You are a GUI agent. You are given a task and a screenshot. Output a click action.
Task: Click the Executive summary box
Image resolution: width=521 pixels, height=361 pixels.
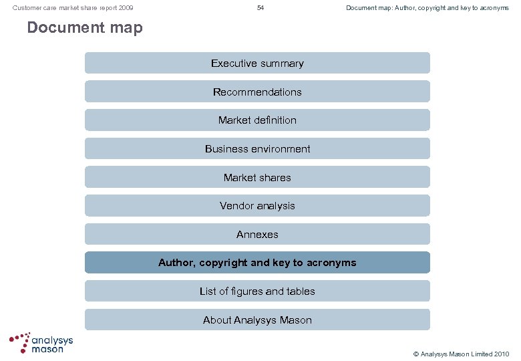257,64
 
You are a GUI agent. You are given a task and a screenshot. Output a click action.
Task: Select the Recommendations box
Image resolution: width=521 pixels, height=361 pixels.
257,92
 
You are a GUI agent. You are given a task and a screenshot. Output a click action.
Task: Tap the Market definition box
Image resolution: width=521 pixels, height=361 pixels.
257,120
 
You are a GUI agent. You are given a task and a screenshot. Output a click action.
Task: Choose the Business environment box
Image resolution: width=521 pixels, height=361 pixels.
257,149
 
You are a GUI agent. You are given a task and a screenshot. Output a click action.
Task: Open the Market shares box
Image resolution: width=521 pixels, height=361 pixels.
257,178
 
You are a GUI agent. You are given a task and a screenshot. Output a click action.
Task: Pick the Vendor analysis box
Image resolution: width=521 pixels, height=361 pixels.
257,206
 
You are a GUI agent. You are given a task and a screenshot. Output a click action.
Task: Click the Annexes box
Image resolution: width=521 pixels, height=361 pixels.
257,235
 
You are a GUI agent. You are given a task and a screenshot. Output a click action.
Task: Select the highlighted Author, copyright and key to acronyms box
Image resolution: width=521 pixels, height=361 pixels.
257,263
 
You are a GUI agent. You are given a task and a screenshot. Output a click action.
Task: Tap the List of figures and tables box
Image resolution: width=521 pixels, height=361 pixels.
257,291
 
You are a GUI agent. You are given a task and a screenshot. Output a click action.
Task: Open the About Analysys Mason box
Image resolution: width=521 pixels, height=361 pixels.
257,320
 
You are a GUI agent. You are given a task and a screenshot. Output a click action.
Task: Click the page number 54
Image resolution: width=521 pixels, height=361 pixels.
260,8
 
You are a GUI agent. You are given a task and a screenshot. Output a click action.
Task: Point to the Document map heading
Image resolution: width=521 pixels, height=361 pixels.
85,28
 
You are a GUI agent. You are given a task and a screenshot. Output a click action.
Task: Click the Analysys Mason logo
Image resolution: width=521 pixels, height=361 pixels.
41,343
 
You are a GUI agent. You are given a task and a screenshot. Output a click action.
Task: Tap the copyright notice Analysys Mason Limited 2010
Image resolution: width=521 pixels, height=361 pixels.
460,354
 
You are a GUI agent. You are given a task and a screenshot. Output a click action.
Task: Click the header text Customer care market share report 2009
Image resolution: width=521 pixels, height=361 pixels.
73,8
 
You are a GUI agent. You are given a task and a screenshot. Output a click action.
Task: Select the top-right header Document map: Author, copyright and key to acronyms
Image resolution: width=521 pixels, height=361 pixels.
427,8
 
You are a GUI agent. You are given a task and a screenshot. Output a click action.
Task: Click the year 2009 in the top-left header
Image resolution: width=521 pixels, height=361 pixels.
125,8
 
